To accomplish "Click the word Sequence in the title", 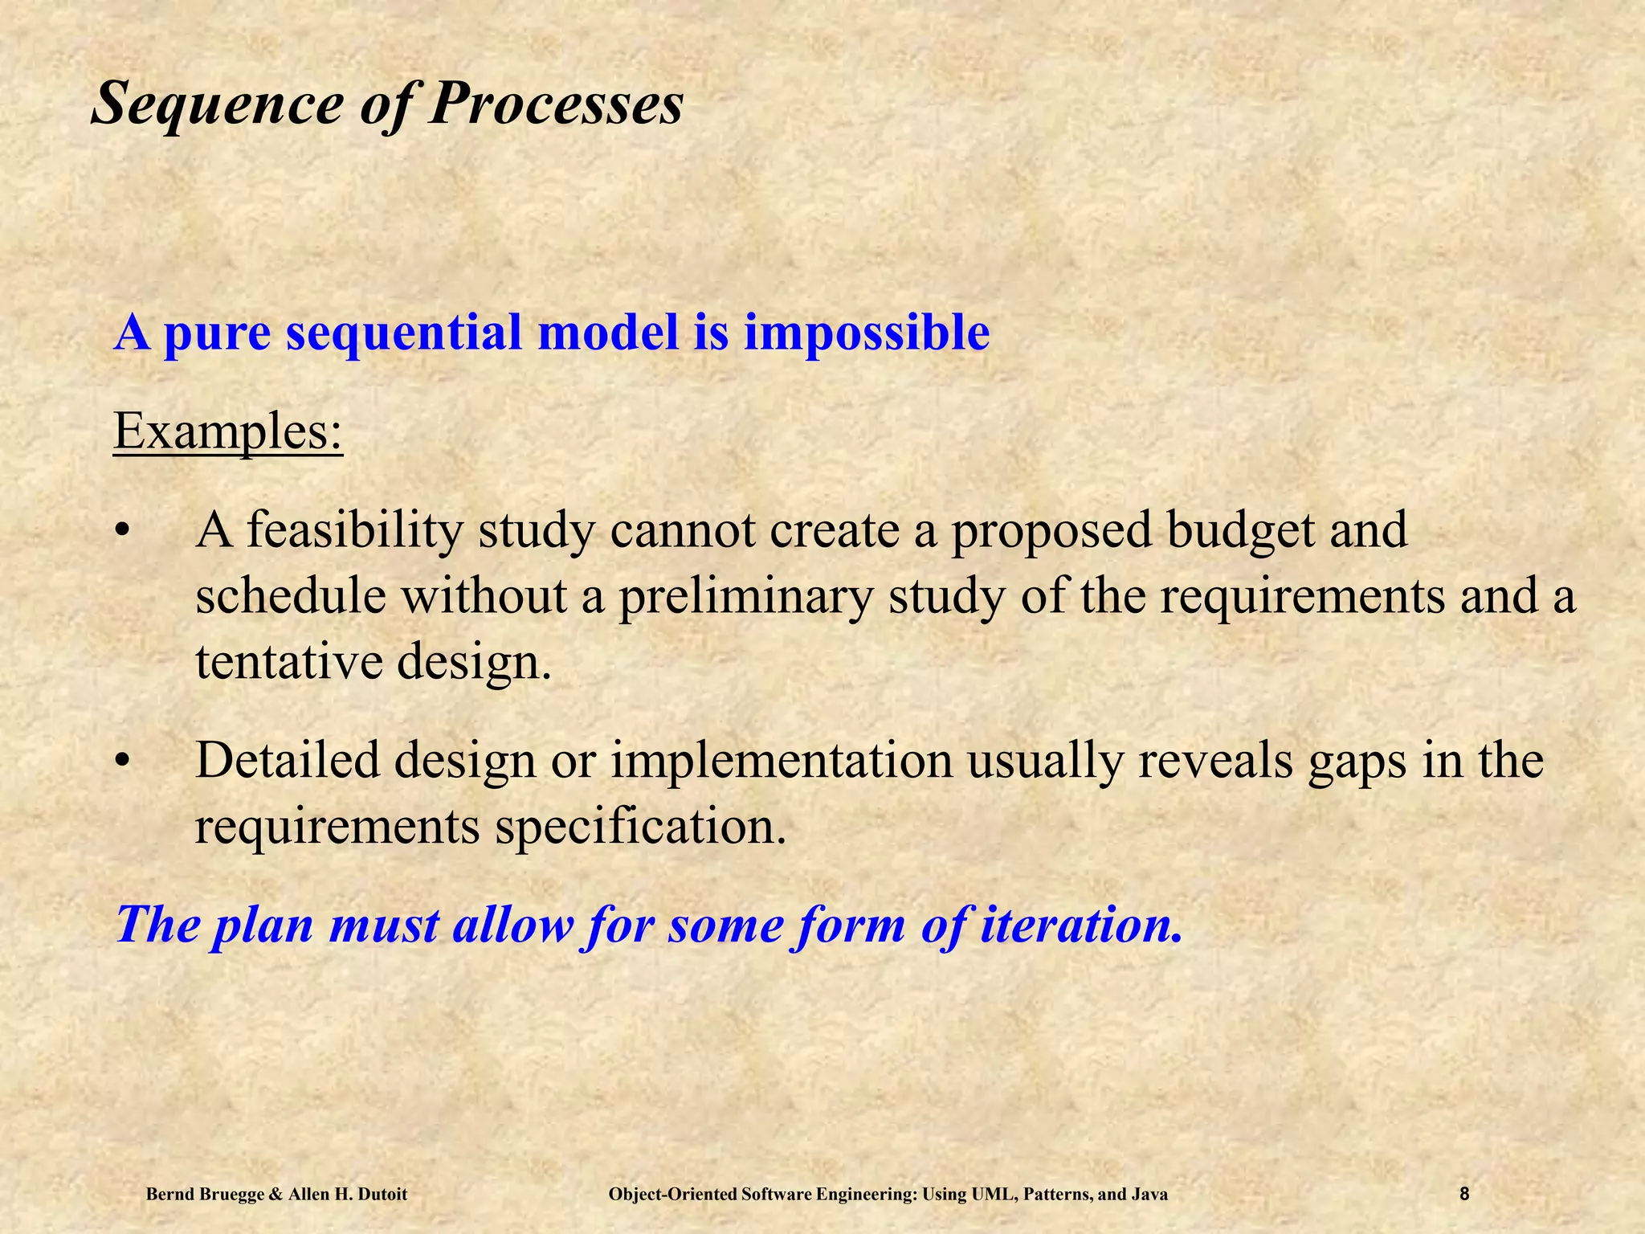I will click(217, 104).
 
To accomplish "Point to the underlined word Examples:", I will click(228, 431).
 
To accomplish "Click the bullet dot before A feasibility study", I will click(121, 532).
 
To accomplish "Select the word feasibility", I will click(354, 532).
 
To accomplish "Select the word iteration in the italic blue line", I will click(1081, 925).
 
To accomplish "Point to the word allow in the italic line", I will click(513, 925).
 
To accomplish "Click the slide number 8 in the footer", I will click(1464, 1195).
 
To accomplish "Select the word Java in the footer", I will click(1149, 1195).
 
